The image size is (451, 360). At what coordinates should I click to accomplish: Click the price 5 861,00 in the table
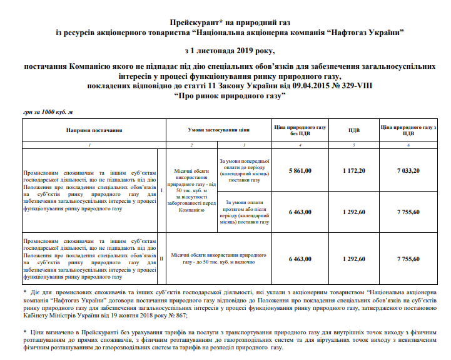(300, 170)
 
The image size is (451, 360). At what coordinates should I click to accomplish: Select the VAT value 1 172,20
(353, 170)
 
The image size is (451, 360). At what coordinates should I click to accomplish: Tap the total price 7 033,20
(408, 170)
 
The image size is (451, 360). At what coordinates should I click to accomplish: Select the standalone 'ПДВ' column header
(353, 131)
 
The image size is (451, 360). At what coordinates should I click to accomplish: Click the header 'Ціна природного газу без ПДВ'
(300, 130)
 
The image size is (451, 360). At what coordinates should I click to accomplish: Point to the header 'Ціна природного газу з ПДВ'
(408, 130)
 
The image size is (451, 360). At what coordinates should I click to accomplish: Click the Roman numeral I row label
(161, 190)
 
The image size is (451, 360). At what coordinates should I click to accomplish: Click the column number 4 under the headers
(300, 145)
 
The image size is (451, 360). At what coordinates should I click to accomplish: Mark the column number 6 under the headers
(408, 145)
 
